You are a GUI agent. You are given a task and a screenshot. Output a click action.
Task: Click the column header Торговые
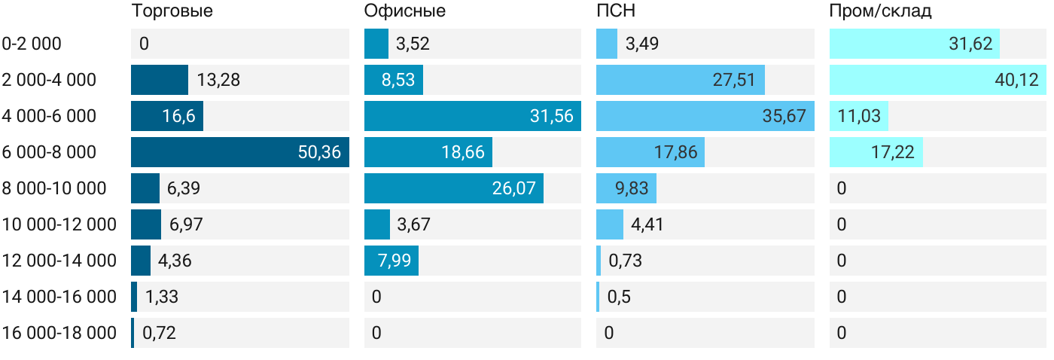(172, 11)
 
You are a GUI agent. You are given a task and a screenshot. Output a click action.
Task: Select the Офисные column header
(404, 11)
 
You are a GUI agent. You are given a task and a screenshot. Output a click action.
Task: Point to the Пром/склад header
(880, 11)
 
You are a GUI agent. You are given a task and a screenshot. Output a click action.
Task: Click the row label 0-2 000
(32, 44)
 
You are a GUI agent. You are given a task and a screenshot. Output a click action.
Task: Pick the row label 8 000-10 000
(54, 188)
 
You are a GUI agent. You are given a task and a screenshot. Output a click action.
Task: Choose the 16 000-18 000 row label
(59, 333)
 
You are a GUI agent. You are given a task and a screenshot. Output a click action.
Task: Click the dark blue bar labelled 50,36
(239, 152)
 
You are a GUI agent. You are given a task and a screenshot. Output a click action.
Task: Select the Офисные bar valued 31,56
(472, 116)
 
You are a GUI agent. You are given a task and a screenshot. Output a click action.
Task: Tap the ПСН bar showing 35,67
(705, 116)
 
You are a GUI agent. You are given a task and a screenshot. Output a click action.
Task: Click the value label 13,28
(218, 80)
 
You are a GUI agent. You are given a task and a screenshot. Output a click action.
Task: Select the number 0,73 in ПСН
(625, 261)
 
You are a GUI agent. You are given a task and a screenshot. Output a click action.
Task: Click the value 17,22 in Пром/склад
(893, 152)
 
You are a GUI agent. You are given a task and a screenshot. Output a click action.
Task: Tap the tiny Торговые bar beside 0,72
(133, 333)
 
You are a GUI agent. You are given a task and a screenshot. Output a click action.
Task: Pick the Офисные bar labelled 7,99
(391, 261)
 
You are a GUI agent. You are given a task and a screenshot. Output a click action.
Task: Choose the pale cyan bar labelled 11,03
(859, 116)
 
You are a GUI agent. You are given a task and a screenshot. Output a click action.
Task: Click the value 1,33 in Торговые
(162, 297)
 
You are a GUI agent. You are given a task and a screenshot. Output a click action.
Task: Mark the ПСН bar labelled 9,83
(626, 188)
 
